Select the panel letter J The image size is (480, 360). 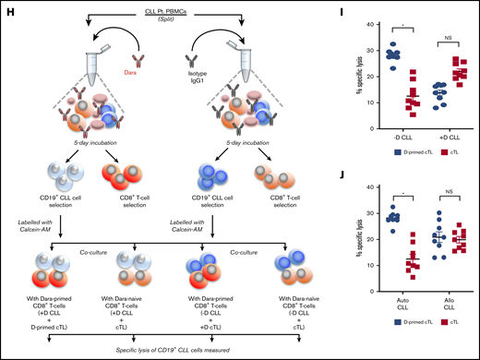[317, 181]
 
